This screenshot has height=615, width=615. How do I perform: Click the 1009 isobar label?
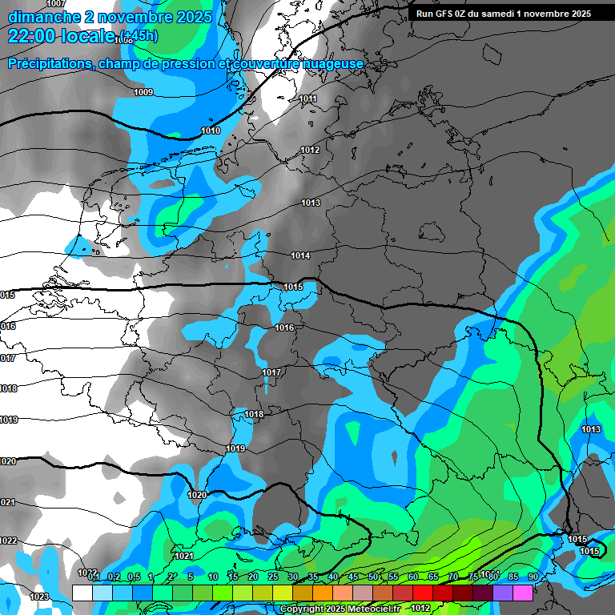click(143, 93)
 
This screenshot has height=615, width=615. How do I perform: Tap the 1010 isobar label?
click(211, 131)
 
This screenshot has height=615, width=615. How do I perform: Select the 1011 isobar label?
click(307, 99)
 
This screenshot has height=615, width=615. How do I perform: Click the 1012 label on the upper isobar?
click(310, 151)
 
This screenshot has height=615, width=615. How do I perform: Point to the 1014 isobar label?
click(300, 256)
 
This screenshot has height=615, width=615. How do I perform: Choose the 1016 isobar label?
click(284, 328)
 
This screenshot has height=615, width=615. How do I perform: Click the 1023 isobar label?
click(39, 597)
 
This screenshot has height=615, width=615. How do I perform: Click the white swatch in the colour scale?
click(82, 593)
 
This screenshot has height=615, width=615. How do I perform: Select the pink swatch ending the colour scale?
click(523, 593)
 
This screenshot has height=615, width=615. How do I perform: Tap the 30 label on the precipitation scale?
click(293, 577)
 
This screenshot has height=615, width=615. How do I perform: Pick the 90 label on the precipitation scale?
click(533, 577)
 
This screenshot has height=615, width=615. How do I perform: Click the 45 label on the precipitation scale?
click(353, 577)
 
